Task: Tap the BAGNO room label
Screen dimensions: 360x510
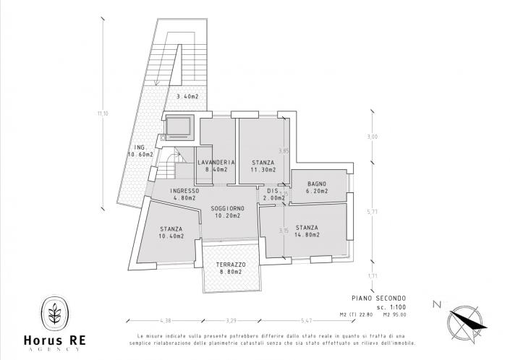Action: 317,184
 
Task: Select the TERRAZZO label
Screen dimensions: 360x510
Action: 231,265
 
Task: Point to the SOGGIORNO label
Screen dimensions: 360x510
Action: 227,207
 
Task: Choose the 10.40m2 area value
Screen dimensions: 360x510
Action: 171,236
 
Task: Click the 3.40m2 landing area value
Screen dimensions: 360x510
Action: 188,96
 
